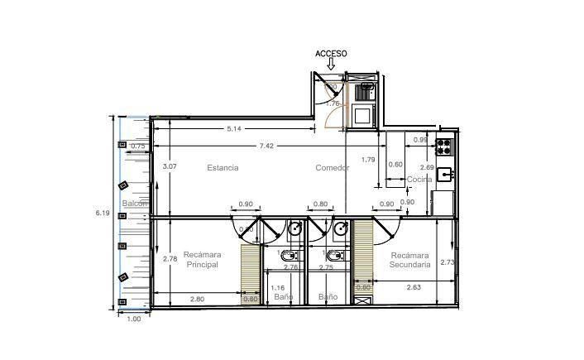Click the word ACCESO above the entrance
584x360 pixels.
pos(331,54)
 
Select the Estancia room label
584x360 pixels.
pos(223,168)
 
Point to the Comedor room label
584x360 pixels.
pos(332,168)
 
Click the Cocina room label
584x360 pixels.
pos(419,179)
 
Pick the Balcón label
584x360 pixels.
pos(134,204)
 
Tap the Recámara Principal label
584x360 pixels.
pos(201,260)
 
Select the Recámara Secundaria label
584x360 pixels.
pos(410,261)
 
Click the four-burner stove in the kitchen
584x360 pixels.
pos(444,147)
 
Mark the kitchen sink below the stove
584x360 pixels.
pos(444,174)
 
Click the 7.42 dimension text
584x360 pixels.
pos(266,146)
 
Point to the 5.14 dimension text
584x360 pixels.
pos(234,128)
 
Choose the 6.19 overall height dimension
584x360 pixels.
pos(103,213)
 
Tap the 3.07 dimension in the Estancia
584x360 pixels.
pos(170,167)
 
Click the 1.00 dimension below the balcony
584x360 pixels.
pos(132,319)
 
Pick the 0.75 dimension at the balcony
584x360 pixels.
pos(138,146)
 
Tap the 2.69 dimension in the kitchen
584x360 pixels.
pos(427,167)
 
